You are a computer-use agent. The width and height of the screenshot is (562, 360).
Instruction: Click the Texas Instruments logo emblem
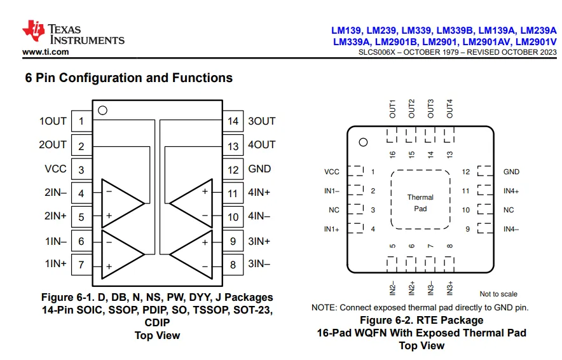[x=33, y=31]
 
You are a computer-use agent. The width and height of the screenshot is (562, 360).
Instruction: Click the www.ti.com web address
[x=46, y=52]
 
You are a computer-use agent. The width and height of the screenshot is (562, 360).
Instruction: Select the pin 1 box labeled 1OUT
[x=82, y=121]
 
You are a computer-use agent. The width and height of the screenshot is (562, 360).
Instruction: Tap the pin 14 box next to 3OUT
[x=233, y=121]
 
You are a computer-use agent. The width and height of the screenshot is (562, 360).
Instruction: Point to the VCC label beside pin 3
[x=55, y=169]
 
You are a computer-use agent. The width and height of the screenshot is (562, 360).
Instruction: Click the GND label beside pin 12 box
[x=259, y=169]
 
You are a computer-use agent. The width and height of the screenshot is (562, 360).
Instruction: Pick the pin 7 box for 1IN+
[x=82, y=265]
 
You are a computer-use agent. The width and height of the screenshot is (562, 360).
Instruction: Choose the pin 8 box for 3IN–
[x=233, y=265]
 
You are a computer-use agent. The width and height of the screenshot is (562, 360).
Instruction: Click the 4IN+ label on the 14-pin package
[x=259, y=193]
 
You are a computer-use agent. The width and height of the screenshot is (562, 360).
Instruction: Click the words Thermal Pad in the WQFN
[x=420, y=203]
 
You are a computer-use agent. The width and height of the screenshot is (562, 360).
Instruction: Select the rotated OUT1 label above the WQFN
[x=392, y=109]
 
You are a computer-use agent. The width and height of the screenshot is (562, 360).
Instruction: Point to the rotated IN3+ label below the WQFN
[x=450, y=288]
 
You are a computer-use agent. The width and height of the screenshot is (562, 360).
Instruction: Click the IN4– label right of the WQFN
[x=511, y=229]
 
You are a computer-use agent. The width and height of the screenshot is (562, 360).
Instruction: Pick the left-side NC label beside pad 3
[x=334, y=210]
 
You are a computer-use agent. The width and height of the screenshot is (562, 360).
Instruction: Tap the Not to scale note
[x=498, y=294]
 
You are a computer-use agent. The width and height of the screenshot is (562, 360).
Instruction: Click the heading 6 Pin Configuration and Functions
[x=128, y=78]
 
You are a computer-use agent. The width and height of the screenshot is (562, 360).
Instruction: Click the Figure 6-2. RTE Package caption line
[x=421, y=320]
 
